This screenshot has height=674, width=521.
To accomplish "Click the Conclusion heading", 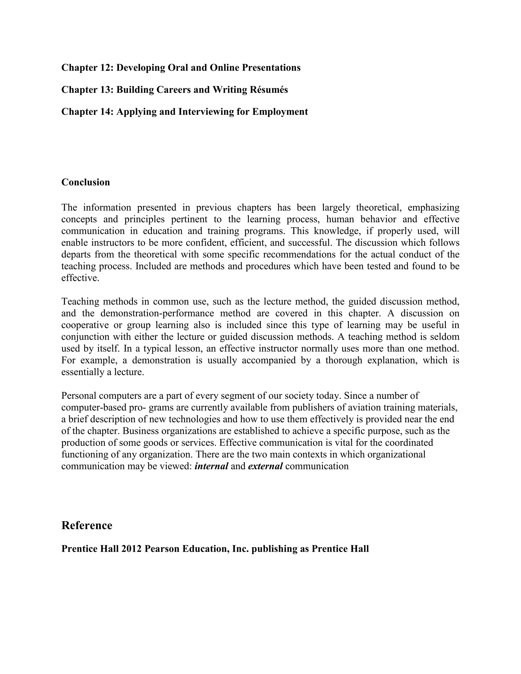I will (x=85, y=182).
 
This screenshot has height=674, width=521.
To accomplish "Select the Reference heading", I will (x=87, y=525).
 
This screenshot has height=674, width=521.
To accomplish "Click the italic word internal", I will (x=211, y=466).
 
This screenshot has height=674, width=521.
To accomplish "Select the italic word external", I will (x=265, y=466).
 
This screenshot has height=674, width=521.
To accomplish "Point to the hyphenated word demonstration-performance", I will (x=157, y=313).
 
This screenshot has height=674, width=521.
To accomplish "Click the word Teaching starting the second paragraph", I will (x=81, y=301).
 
